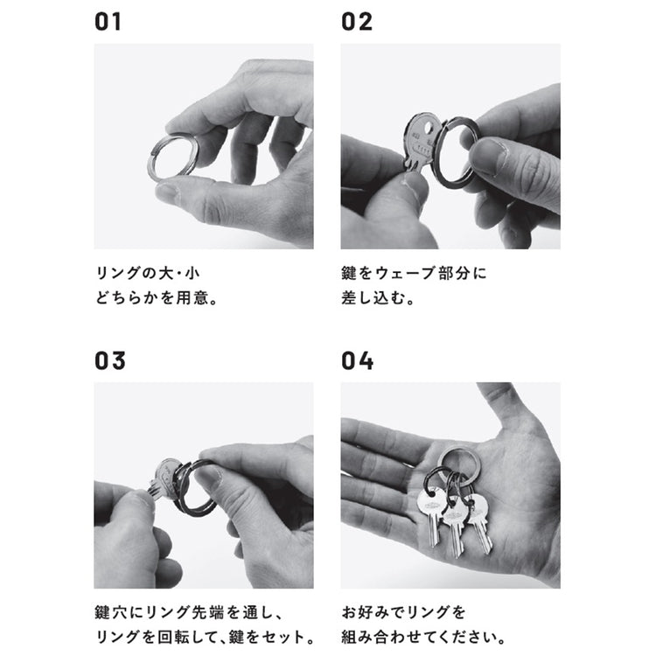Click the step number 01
coord(108,22)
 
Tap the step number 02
coord(357,22)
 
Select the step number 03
coord(109,360)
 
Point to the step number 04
coord(357,360)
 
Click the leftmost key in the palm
coord(432,513)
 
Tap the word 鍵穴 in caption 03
coord(109,612)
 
